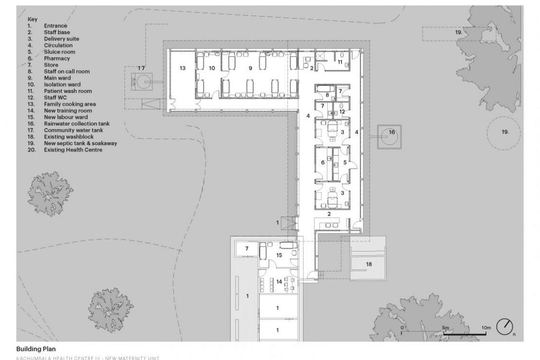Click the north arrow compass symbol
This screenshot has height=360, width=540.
(x=504, y=326)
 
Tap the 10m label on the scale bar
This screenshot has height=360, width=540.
(x=486, y=327)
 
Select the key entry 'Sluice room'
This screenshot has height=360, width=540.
(x=59, y=52)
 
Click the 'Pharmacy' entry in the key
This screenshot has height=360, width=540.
(x=57, y=58)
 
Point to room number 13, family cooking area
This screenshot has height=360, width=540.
(x=182, y=68)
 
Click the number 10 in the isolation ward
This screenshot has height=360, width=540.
(x=212, y=68)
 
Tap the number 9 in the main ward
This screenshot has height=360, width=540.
(x=251, y=68)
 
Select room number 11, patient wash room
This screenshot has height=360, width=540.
(x=340, y=62)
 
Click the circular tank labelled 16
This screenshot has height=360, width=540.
(x=390, y=137)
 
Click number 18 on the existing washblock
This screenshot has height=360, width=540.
(x=369, y=264)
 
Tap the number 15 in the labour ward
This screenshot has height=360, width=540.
(x=279, y=255)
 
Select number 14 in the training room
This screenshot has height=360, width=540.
(x=279, y=282)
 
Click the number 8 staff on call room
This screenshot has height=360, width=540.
(x=327, y=95)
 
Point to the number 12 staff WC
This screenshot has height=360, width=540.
(x=342, y=111)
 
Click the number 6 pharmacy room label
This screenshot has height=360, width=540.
(x=323, y=162)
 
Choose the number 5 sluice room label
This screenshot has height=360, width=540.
(x=345, y=162)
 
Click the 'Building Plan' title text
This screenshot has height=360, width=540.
(x=36, y=349)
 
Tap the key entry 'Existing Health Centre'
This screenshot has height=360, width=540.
(x=73, y=150)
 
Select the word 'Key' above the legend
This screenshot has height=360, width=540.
(x=33, y=19)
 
